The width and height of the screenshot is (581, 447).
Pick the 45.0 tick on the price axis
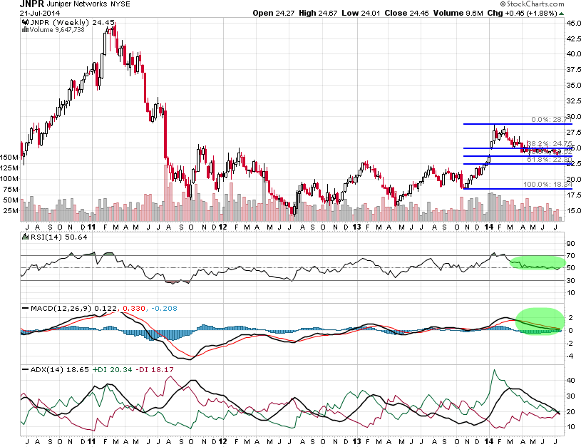pyautogui.click(x=573, y=23)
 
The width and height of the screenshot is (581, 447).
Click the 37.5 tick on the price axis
pyautogui.click(x=573, y=70)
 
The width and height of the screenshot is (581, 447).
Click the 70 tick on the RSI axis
pyautogui.click(x=571, y=255)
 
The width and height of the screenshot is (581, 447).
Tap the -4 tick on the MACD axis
pyautogui.click(x=570, y=355)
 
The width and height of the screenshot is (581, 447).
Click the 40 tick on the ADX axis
pyautogui.click(x=571, y=380)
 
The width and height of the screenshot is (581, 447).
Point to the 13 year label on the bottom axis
pyautogui.click(x=356, y=227)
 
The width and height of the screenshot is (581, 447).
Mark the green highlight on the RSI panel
pyautogui.click(x=538, y=263)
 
